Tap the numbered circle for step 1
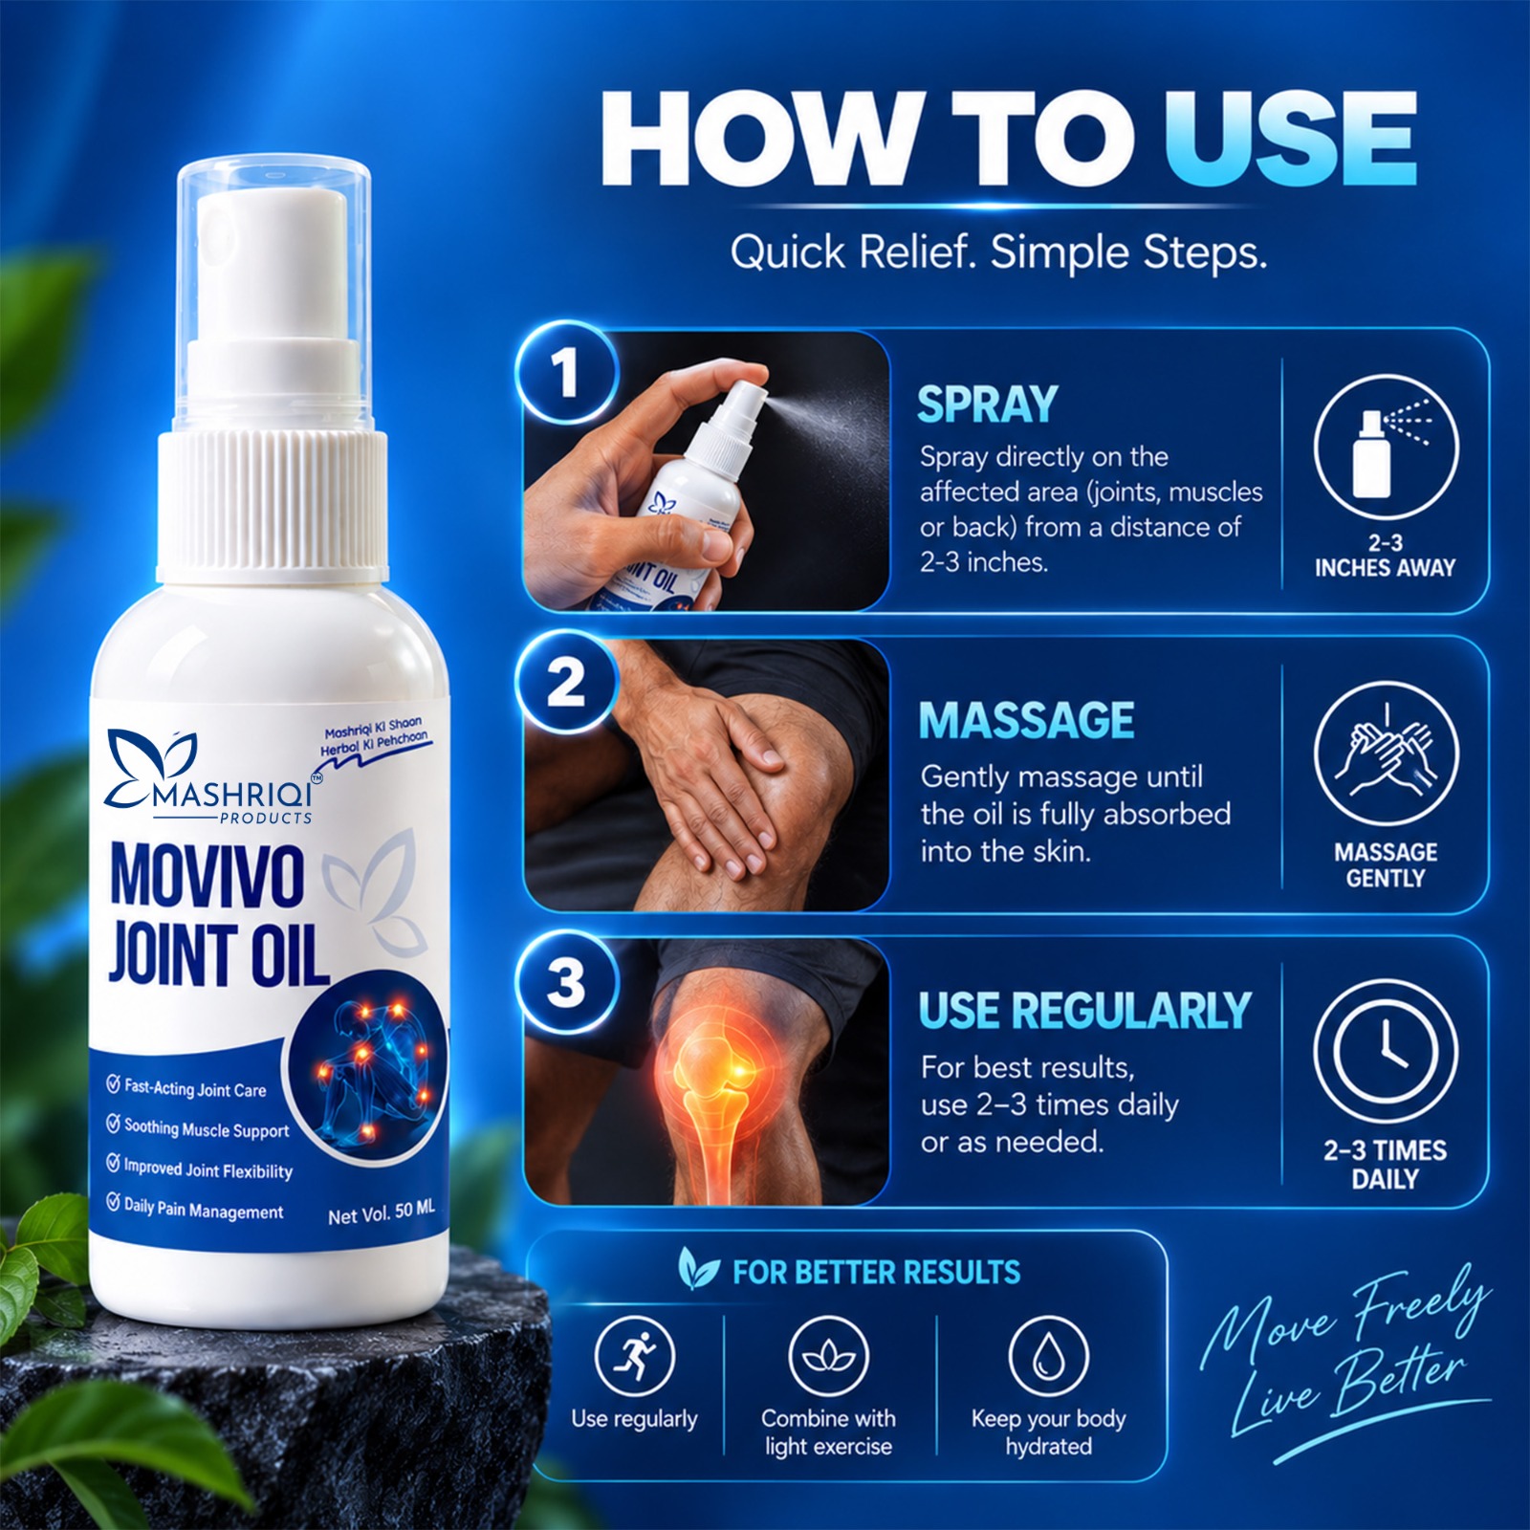[x=567, y=372]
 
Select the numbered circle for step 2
[x=567, y=683]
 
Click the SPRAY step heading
[x=987, y=404]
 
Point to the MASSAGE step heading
[x=1026, y=720]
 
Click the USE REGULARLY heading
[x=1084, y=1011]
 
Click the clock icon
[x=1386, y=1052]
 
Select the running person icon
[x=634, y=1356]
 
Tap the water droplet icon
[x=1048, y=1356]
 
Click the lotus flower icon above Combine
[x=828, y=1356]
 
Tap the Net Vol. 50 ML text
[x=381, y=1213]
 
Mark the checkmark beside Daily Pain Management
[x=113, y=1202]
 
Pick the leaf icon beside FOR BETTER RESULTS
[x=698, y=1268]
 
